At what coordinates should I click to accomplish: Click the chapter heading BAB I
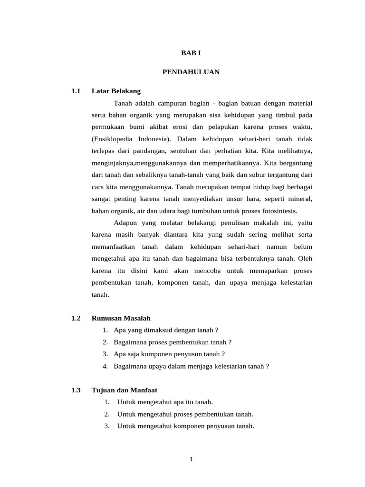pos(191,54)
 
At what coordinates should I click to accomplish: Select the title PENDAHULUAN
pos(191,72)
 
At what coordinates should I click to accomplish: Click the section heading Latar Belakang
pos(116,91)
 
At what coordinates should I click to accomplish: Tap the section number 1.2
pos(76,318)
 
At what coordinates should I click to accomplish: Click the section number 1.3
pos(76,390)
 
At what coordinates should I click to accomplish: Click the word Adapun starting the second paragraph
pos(125,222)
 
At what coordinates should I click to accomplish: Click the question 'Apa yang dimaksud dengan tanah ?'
pos(166,330)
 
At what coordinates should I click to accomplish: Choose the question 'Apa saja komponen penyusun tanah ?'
pos(169,354)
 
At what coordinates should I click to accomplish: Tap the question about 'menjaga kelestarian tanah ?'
pos(192,366)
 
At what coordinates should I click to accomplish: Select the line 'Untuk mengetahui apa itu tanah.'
pos(165,402)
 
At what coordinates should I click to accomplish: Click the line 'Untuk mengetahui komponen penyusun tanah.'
pos(185,426)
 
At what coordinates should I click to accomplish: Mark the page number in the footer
pos(191,459)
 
